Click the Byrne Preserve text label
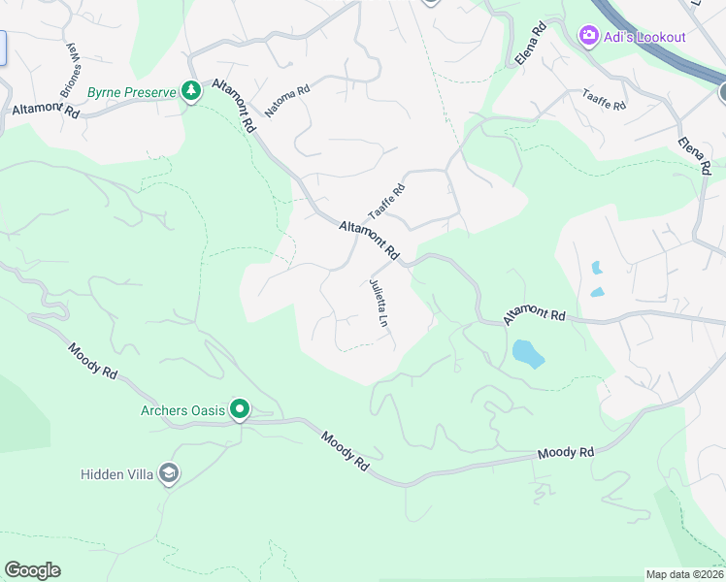point(131,93)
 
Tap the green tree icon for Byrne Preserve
point(191,92)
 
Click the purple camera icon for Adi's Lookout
point(588,37)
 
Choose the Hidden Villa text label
point(115,474)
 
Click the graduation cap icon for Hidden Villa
point(168,474)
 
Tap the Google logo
point(32,570)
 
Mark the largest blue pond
point(527,353)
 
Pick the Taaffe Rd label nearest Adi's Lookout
point(604,99)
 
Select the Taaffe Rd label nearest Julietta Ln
point(385,202)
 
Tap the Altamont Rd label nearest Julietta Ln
point(369,240)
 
